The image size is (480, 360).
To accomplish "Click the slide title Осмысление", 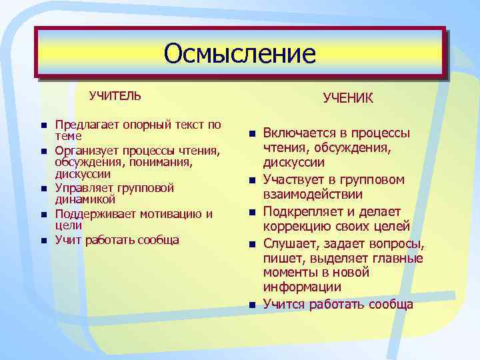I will tap(239, 53).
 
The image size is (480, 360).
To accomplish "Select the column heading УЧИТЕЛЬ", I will tap(115, 95).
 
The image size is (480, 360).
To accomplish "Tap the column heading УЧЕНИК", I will tap(348, 99).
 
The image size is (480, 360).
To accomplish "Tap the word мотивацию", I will tap(167, 213).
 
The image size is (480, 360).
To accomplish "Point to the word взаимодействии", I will tap(313, 195).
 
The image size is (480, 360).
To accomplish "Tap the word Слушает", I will tap(289, 242).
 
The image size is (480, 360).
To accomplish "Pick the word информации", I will tap(302, 288).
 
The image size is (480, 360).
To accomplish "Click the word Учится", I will tap(283, 304).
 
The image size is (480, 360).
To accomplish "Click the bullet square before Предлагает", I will tap(42, 125).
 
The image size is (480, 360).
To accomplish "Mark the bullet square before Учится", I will tap(252, 305).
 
